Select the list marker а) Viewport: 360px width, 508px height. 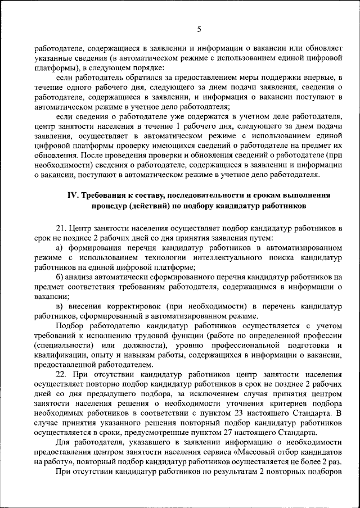point(59,247)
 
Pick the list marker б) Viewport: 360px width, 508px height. point(59,277)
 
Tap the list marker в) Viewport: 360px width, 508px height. point(59,306)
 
